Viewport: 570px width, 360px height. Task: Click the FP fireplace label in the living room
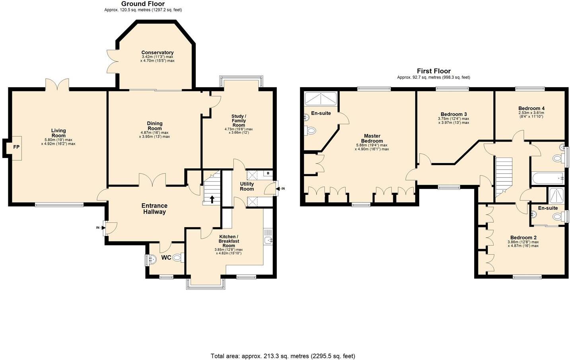[x=16, y=147]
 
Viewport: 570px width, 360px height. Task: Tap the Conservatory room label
[x=158, y=53]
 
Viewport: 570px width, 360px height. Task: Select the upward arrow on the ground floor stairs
[x=212, y=199]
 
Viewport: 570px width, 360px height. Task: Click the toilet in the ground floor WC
[x=178, y=258]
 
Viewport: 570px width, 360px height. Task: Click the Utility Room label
[x=247, y=186]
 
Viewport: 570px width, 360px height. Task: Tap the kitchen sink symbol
[x=268, y=240]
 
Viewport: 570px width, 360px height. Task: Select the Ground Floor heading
[x=143, y=4]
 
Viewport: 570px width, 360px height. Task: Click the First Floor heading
[x=434, y=71]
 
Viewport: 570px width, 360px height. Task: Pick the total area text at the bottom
[x=282, y=356]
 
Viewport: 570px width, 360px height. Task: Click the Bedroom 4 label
[x=531, y=108]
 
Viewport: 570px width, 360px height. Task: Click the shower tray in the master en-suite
[x=320, y=98]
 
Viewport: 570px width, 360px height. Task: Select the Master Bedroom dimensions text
[x=372, y=147]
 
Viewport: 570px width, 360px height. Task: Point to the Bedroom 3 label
[x=453, y=114]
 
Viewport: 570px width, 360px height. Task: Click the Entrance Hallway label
[x=154, y=209]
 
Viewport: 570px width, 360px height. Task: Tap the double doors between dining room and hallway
[x=152, y=180]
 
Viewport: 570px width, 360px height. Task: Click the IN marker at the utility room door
[x=283, y=189]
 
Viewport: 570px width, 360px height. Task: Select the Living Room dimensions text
[x=58, y=142]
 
